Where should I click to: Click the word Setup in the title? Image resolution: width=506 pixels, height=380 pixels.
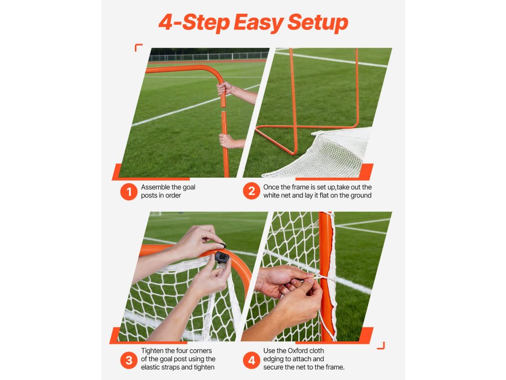318,22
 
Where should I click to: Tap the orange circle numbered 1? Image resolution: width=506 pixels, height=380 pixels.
129,191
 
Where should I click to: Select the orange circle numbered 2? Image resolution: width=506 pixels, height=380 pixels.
252,191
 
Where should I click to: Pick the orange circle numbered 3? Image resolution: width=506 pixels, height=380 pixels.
129,360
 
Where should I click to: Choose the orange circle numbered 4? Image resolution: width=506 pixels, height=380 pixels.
252,360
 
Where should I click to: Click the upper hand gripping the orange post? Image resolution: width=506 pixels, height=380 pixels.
225,88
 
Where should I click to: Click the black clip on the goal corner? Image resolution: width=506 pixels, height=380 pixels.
222,257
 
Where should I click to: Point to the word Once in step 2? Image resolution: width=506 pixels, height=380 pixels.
270,187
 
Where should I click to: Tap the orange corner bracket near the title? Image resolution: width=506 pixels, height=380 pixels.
138,47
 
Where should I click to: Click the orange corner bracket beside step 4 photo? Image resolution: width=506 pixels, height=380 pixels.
381,345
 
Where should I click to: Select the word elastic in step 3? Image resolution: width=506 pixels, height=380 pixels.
152,367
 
